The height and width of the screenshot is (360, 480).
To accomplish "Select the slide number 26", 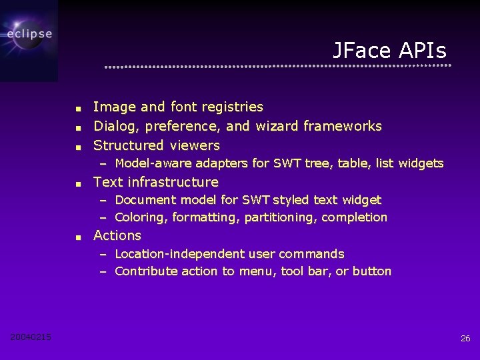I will click(x=465, y=339).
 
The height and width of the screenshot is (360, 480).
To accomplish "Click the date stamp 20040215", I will click(x=31, y=337).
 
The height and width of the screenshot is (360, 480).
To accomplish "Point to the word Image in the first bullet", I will click(x=115, y=107).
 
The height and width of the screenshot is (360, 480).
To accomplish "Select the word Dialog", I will click(x=117, y=126).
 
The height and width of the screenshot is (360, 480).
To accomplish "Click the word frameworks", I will click(x=343, y=126).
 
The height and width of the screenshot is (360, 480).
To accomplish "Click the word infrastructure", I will click(x=173, y=182).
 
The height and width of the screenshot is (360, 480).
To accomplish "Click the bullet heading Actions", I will click(x=117, y=235).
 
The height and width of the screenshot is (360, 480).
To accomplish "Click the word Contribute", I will click(x=142, y=271).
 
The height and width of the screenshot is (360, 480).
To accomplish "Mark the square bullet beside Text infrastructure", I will click(x=78, y=183).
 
